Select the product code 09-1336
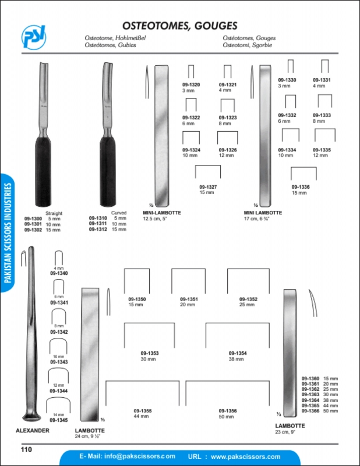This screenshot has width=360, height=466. (301, 187)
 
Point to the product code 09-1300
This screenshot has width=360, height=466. (33, 219)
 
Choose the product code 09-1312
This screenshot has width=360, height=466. (97, 230)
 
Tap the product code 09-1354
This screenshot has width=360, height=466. (238, 354)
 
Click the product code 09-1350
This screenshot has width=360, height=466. (137, 299)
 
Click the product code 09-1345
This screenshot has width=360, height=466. (58, 420)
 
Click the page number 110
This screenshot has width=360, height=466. (26, 449)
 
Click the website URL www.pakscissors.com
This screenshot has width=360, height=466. (245, 457)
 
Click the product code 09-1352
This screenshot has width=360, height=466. (248, 299)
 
